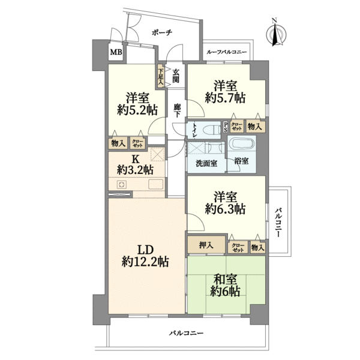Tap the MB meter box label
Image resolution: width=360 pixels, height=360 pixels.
[116, 52]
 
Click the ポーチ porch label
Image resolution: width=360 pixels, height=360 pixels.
[162, 32]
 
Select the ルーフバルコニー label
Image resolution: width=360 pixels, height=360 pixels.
[227, 52]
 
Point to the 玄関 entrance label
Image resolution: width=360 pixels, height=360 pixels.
[176, 76]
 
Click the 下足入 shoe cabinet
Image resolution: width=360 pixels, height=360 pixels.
[160, 76]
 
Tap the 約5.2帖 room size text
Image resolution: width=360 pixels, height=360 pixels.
[137, 110]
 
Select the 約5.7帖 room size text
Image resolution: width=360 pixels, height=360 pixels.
[225, 98]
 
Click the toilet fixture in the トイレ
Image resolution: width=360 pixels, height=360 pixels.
[211, 130]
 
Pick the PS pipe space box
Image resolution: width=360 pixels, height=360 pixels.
[225, 127]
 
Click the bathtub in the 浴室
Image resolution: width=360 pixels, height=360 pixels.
[242, 145]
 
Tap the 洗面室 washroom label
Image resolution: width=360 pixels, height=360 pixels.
[206, 163]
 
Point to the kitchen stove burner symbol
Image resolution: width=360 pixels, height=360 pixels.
[121, 185]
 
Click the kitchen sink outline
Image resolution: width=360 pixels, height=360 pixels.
[155, 184]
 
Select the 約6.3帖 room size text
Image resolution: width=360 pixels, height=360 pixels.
[225, 209]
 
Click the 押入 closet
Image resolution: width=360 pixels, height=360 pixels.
[206, 245]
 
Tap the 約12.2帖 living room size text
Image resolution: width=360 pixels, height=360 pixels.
[145, 262]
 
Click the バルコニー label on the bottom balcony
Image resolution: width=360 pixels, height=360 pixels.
[186, 332]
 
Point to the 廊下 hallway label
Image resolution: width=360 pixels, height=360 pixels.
[177, 110]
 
